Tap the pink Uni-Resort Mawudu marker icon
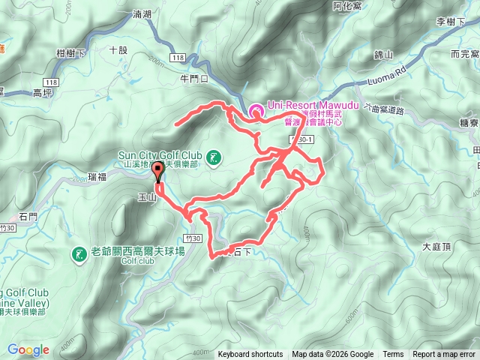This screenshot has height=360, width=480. [x=256, y=111]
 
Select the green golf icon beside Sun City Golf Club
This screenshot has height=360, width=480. [x=215, y=157]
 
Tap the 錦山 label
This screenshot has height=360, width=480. [x=383, y=55]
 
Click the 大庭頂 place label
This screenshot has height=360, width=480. [x=436, y=246]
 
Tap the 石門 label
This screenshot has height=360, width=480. [x=28, y=217]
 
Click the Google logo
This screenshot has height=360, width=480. [x=28, y=349]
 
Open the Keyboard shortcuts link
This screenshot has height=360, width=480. [x=250, y=355]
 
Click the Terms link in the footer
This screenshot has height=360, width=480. [x=393, y=355]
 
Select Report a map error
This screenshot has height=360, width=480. [x=445, y=355]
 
